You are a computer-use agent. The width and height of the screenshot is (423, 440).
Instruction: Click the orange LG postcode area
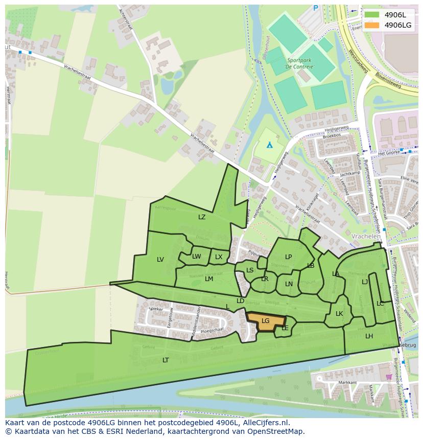266,321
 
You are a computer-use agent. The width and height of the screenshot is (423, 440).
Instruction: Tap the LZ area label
202,217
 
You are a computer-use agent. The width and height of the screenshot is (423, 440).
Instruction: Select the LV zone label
160,260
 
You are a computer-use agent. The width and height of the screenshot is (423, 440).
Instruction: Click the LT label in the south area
166,360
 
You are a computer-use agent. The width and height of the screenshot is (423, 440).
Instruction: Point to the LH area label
369,336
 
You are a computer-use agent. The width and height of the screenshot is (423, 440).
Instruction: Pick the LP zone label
288,257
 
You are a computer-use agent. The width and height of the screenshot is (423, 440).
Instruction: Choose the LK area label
339,314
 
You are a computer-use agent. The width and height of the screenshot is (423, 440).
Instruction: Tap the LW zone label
197,257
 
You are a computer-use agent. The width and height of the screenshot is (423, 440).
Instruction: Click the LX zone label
219,257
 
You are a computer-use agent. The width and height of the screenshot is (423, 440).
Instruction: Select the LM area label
209,279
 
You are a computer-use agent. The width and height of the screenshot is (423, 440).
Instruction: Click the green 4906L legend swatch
372,14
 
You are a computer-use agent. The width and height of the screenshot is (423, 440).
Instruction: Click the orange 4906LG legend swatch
372,25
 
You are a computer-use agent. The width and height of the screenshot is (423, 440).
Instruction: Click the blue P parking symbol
315,8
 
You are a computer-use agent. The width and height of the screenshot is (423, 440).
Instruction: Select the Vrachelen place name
366,237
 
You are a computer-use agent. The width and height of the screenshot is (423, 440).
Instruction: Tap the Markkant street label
333,382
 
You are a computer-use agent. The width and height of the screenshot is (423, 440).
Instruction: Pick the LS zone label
250,270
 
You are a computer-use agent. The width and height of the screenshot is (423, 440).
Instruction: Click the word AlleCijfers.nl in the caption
265,423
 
